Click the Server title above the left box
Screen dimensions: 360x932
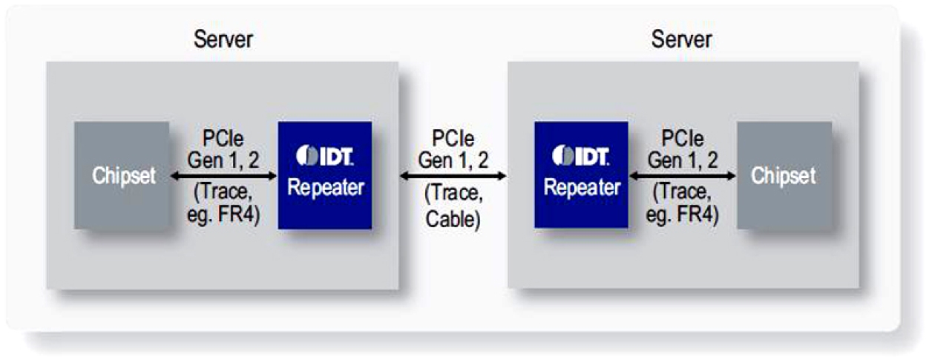pyautogui.click(x=223, y=39)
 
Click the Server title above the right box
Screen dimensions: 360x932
pyautogui.click(x=681, y=39)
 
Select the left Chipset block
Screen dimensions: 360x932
pyautogui.click(x=122, y=176)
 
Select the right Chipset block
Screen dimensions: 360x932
pyautogui.click(x=784, y=176)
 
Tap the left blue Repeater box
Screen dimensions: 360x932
pyautogui.click(x=325, y=176)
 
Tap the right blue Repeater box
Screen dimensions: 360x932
pyautogui.click(x=581, y=176)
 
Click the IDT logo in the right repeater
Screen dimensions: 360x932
pyautogui.click(x=581, y=157)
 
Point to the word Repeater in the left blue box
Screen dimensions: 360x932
pyautogui.click(x=325, y=188)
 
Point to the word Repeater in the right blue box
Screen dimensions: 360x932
pyautogui.click(x=581, y=188)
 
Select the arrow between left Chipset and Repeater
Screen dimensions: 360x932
pyautogui.click(x=223, y=177)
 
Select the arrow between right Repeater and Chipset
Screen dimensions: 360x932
pyautogui.click(x=682, y=177)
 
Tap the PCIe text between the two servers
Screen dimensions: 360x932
pyautogui.click(x=453, y=140)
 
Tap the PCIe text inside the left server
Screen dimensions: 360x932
pyautogui.click(x=223, y=140)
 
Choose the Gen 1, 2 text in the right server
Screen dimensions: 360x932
pyautogui.click(x=682, y=158)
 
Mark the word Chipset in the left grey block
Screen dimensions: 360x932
pyautogui.click(x=122, y=177)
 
